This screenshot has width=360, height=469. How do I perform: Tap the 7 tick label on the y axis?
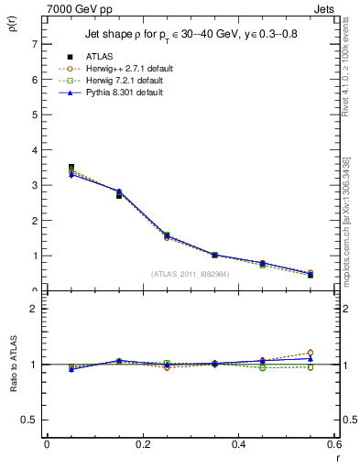point(34,44)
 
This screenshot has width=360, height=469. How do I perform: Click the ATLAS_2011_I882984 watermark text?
point(191,273)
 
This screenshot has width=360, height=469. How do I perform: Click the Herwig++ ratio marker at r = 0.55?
point(311,353)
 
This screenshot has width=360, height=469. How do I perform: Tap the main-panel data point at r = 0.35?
point(214,255)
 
